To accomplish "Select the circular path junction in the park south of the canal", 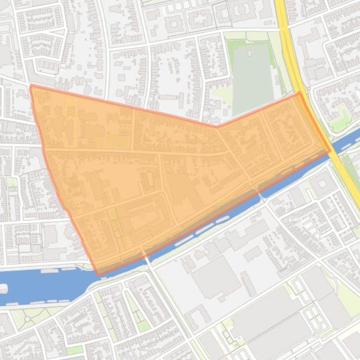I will [28, 319].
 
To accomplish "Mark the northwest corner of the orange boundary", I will [31, 86].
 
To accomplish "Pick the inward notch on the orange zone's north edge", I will [216, 126].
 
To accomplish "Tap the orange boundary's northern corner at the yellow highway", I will [300, 93].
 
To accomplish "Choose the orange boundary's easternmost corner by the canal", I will [330, 151].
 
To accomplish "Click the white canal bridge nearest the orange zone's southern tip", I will [147, 257].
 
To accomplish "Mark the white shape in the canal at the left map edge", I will [3, 288].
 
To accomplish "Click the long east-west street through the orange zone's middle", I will [140, 152].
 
